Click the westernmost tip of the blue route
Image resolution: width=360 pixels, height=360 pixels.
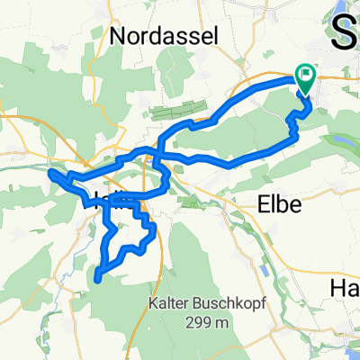[x=49, y=172]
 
